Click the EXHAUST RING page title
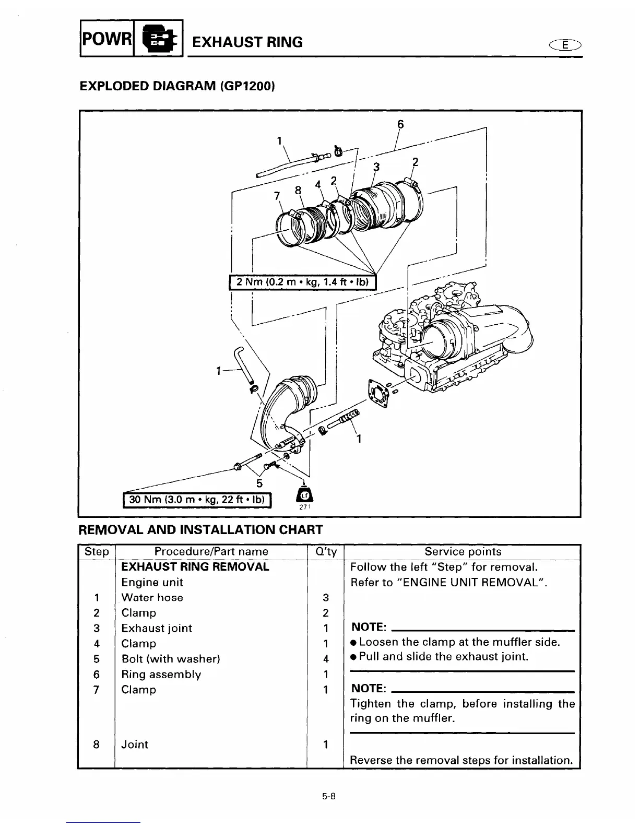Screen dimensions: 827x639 (247, 42)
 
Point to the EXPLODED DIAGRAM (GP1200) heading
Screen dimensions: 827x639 (176, 86)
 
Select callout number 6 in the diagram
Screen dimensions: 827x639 (400, 124)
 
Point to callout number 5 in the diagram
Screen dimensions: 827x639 (259, 483)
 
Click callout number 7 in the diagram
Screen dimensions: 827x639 (277, 196)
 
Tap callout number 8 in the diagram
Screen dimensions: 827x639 (298, 191)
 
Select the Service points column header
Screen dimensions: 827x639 (463, 551)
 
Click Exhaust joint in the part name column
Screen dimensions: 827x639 (157, 628)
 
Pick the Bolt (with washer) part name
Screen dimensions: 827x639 (171, 659)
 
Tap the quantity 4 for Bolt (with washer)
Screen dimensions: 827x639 (325, 659)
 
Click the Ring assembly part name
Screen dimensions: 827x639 (161, 674)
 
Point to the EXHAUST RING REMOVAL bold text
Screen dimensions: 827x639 (195, 567)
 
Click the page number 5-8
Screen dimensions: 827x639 (328, 797)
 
